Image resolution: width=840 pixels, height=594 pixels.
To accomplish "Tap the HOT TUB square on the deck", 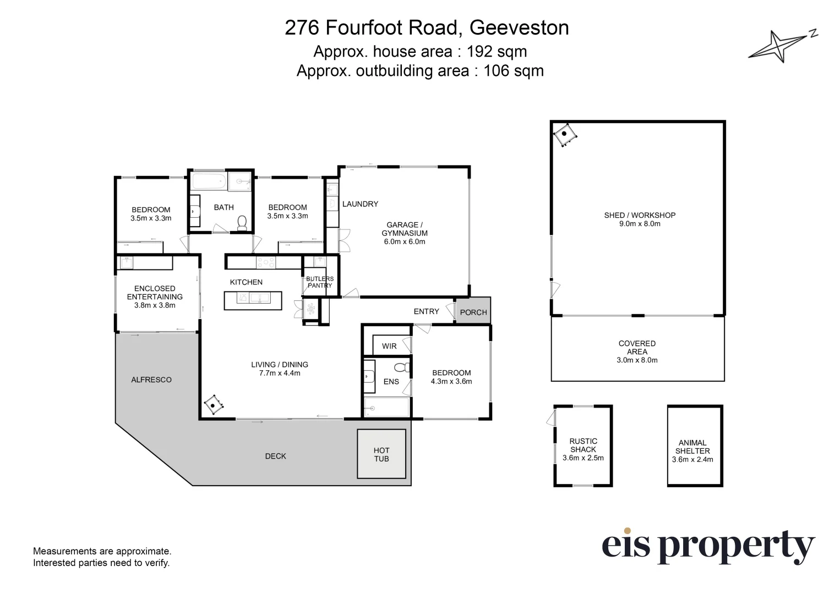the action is [x=381, y=454].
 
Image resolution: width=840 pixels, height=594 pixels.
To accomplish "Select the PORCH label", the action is [x=473, y=312].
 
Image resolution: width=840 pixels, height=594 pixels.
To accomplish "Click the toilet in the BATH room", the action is [x=242, y=223].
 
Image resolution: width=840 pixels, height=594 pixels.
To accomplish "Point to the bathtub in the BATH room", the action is [x=209, y=182].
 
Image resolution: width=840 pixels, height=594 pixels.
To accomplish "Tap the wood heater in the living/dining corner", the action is [x=214, y=405].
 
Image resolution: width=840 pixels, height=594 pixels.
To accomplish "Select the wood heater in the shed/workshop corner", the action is [x=564, y=135].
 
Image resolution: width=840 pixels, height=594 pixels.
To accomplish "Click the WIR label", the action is [x=389, y=346].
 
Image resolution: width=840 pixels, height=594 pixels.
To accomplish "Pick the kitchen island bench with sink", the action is [x=253, y=300].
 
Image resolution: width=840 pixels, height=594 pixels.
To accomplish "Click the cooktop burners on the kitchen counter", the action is [x=266, y=263].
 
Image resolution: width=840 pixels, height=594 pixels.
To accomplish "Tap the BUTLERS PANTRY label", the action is [x=320, y=282].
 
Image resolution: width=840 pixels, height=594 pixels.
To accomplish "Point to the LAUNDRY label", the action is [x=360, y=204].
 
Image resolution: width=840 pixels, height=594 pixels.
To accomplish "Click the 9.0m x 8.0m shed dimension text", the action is [x=640, y=224].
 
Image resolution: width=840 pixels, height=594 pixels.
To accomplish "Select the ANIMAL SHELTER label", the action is [x=692, y=447].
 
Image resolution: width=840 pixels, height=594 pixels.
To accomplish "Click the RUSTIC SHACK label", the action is [x=583, y=445].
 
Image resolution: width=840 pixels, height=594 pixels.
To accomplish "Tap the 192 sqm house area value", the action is [x=497, y=51].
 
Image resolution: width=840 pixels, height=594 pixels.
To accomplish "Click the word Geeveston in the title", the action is [x=519, y=28].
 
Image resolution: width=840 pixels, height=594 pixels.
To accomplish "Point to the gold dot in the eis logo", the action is [x=627, y=530].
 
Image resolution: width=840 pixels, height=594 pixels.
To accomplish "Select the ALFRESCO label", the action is [x=151, y=380].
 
